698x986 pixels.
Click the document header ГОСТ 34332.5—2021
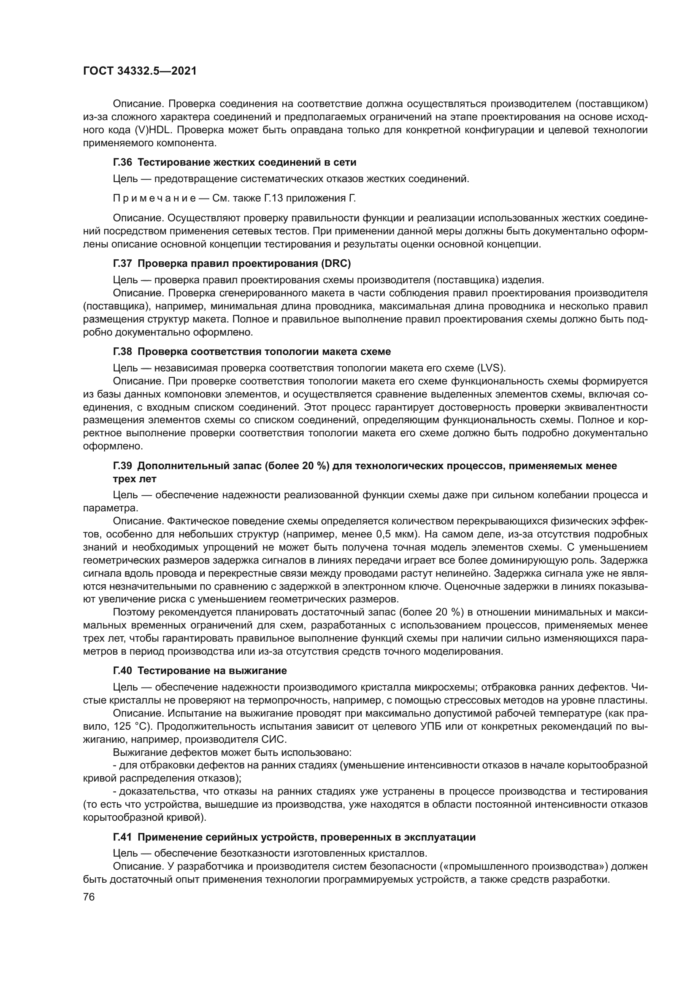click(x=140, y=71)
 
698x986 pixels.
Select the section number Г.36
click(x=122, y=162)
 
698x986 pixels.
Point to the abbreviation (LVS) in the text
click(x=490, y=368)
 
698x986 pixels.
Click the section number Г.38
click(x=122, y=352)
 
